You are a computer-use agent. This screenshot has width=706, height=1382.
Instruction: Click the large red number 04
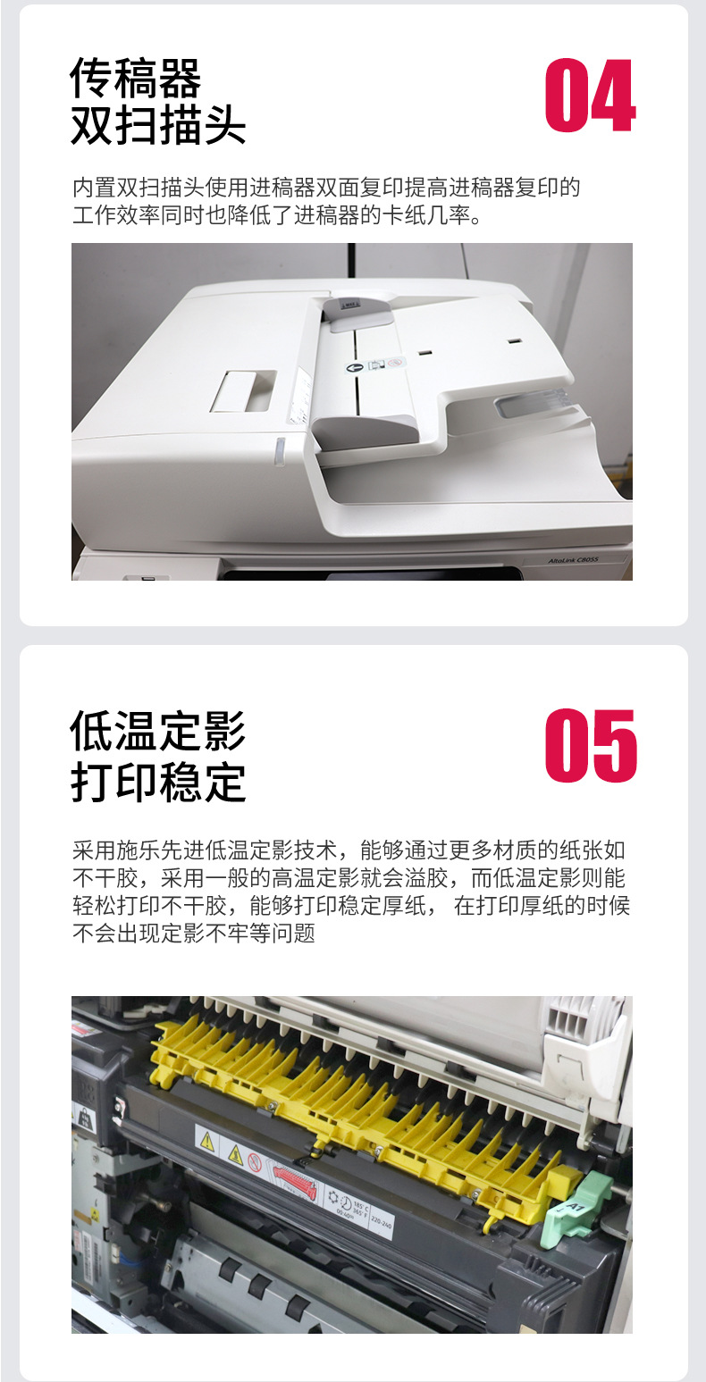pos(590,96)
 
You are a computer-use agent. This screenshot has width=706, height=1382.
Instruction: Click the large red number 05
pos(591,747)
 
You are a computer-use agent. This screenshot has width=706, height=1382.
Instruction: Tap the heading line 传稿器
pos(136,80)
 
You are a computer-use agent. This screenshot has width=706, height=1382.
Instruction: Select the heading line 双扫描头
pos(158,126)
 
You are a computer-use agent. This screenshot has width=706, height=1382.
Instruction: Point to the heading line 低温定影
pos(158,732)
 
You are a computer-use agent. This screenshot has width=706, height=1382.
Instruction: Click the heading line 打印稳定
pos(158,782)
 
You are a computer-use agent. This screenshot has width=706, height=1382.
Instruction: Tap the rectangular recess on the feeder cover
pos(243,391)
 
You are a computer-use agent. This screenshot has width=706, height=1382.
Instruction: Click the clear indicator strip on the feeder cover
pos(279,451)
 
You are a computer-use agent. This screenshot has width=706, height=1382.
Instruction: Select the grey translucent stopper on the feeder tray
pos(528,402)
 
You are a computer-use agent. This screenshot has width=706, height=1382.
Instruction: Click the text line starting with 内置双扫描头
pos(326,188)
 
